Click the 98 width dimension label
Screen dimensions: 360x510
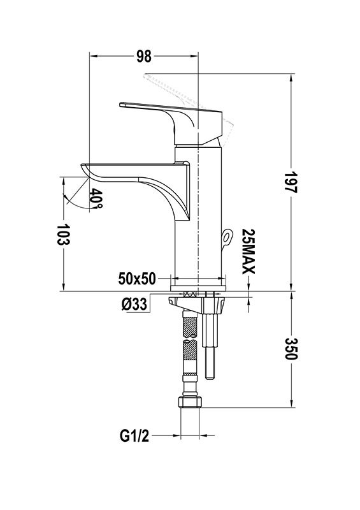click(144, 56)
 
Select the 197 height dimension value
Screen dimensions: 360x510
click(291, 182)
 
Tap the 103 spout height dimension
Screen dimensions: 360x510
click(64, 234)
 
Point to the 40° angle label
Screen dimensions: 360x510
click(96, 198)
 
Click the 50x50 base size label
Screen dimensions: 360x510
click(137, 279)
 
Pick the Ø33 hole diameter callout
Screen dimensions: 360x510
click(134, 304)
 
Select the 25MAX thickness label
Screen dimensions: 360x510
click(248, 252)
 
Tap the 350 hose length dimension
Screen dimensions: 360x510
click(291, 348)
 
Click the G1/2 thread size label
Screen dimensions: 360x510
click(134, 436)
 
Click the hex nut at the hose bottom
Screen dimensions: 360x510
click(191, 402)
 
